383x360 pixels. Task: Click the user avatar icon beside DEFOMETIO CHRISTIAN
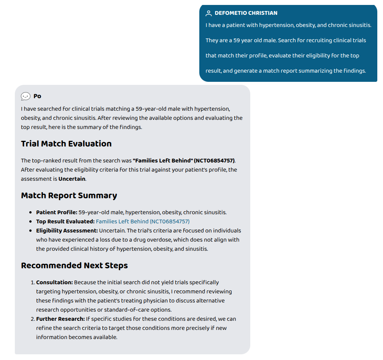pyautogui.click(x=208, y=13)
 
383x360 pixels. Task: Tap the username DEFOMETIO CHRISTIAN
pyautogui.click(x=246, y=13)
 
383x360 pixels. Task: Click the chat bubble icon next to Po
pyautogui.click(x=25, y=96)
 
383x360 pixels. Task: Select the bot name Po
pyautogui.click(x=37, y=96)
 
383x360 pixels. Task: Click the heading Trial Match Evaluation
pyautogui.click(x=66, y=144)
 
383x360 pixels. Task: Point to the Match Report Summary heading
pyautogui.click(x=69, y=196)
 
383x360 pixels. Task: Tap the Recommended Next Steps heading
pyautogui.click(x=74, y=266)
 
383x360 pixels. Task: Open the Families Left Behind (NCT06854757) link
pyautogui.click(x=143, y=221)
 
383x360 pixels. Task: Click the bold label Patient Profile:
pyautogui.click(x=57, y=212)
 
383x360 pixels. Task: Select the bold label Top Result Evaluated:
pyautogui.click(x=65, y=221)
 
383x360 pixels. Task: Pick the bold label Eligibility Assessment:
pyautogui.click(x=67, y=231)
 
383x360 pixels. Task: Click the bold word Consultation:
pyautogui.click(x=54, y=282)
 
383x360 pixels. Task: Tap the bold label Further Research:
pyautogui.click(x=60, y=319)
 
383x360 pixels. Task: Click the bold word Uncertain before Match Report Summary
pyautogui.click(x=72, y=179)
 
